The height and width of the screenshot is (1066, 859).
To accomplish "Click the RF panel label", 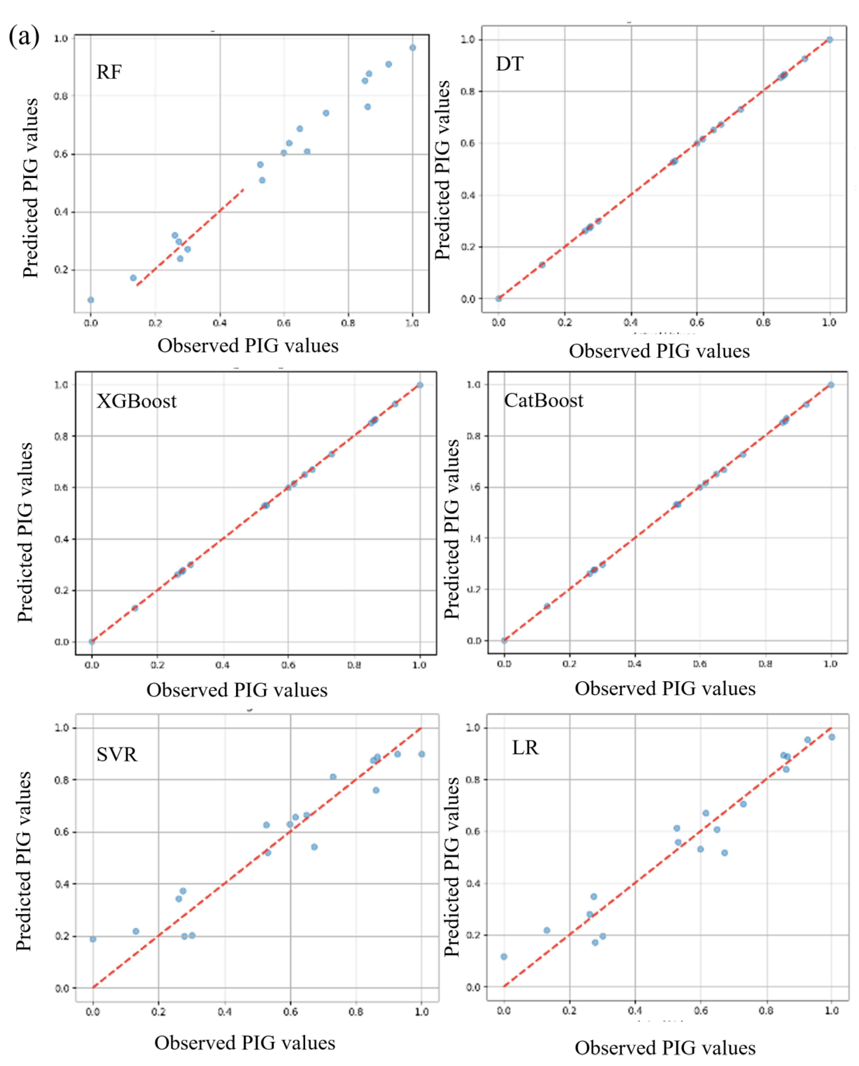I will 109,72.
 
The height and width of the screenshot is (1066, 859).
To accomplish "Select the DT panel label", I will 509,64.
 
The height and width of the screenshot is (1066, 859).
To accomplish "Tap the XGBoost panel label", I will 136,401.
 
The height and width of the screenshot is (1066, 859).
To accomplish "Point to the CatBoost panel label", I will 543,400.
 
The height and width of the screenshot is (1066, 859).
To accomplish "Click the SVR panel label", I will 117,754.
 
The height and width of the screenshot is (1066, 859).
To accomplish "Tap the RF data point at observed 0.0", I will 91,300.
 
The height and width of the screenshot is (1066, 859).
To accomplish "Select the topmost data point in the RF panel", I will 412,47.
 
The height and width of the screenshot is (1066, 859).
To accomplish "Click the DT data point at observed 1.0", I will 829,40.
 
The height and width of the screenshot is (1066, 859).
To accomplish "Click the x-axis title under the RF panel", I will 248,345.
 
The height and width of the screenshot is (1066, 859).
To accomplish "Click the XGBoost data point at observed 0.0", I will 92,642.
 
